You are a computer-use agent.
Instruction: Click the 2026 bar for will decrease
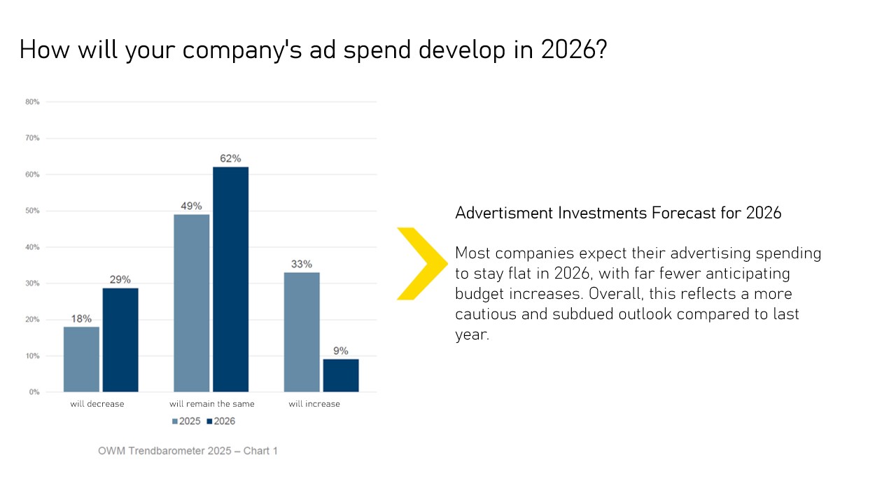coord(120,339)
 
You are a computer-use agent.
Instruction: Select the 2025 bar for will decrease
coord(81,359)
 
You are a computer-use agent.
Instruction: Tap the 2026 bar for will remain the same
coord(230,279)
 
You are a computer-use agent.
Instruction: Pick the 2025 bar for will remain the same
coord(191,303)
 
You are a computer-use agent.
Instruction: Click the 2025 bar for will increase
coord(302,332)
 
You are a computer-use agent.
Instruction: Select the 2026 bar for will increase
coord(341,375)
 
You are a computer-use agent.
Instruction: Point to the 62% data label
coord(230,159)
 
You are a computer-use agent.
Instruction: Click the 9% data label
coord(341,351)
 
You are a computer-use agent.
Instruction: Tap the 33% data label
coord(302,264)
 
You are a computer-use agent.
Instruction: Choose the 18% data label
coord(81,318)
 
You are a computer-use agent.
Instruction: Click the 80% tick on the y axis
coord(32,102)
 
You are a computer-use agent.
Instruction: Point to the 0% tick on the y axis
coord(34,393)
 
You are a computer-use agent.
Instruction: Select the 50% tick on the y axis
coord(32,211)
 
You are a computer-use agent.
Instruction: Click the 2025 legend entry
coord(186,421)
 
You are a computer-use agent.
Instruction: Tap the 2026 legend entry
coord(220,421)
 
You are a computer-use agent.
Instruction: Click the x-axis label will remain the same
coord(212,404)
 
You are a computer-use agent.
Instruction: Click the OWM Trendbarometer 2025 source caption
coord(188,451)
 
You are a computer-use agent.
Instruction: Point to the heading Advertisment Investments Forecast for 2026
coord(618,213)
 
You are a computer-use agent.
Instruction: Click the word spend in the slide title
coord(379,50)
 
